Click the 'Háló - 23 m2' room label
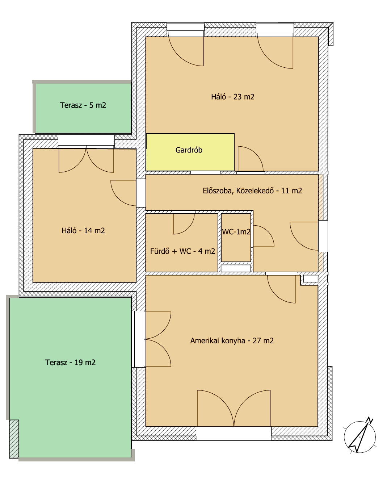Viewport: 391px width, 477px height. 232,97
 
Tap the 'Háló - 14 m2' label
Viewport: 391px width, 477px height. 83,230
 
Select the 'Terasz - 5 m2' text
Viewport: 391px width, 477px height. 83,105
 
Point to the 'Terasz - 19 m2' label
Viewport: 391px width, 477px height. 70,362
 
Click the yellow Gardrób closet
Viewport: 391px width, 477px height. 190,152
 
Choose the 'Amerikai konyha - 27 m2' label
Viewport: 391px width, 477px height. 232,340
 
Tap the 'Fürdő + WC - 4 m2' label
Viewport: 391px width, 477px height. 182,251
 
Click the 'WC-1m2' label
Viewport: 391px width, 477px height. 236,231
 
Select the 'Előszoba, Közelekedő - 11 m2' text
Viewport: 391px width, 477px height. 252,191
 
